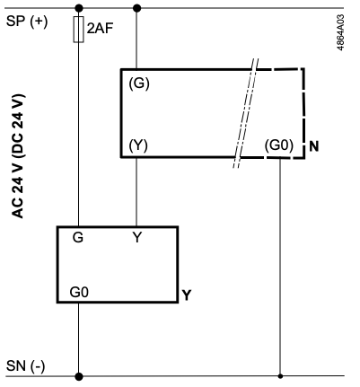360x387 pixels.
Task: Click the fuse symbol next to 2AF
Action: [78, 30]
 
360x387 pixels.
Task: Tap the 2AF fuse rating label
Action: [101, 28]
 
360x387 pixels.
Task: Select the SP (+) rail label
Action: [27, 22]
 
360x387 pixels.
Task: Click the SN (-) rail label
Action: [26, 365]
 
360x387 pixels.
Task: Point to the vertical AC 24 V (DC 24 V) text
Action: [18, 156]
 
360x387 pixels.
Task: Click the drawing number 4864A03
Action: [340, 32]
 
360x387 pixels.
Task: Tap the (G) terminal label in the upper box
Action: [139, 84]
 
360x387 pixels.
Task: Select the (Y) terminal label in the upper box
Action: [138, 145]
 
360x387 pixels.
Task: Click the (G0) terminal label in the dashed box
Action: [279, 145]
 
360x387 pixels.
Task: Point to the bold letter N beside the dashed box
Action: [314, 146]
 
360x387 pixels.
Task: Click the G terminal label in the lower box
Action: [78, 237]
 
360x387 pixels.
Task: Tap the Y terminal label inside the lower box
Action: [137, 237]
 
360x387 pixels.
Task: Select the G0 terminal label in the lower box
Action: [79, 292]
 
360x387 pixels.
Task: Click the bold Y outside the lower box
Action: [187, 295]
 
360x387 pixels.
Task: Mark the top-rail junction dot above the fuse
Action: [78, 8]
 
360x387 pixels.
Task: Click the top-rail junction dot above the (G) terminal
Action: [136, 8]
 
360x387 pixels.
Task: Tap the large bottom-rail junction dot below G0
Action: [79, 376]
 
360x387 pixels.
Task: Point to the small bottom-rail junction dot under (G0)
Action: [280, 376]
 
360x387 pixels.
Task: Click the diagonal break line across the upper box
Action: [246, 113]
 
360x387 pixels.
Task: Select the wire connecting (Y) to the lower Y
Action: [136, 192]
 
